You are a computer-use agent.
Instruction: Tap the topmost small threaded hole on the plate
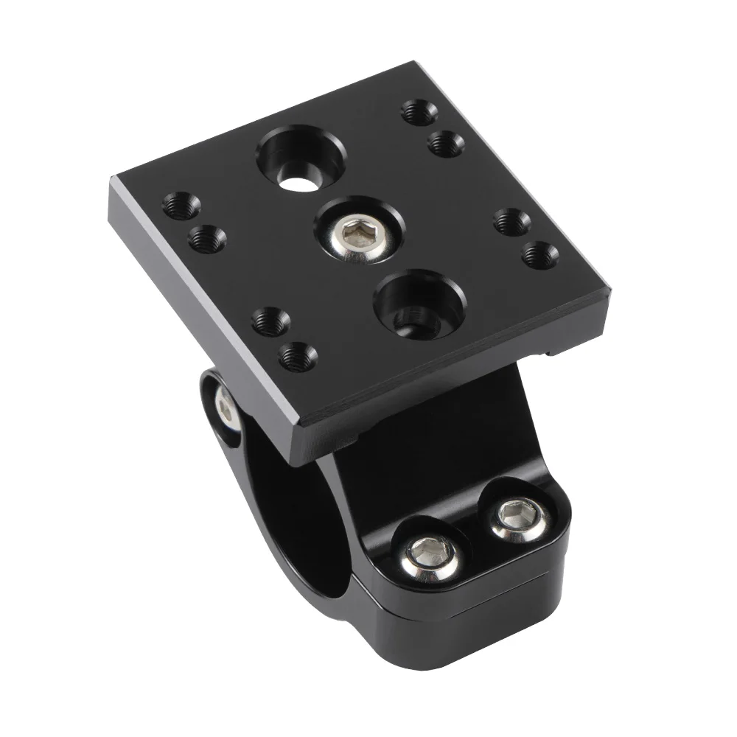pos(416,112)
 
